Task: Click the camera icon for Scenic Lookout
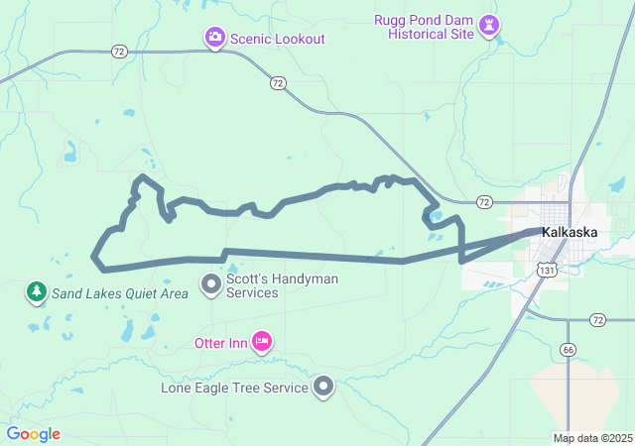point(214,38)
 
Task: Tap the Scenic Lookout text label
point(278,39)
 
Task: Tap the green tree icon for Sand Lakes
point(37,292)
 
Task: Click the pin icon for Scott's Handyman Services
point(210,285)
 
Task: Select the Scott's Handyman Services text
point(282,286)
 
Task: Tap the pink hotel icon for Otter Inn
point(262,343)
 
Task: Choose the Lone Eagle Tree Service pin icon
point(323,388)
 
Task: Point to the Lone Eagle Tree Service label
point(234,388)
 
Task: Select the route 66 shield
point(567,349)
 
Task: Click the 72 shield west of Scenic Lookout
point(119,50)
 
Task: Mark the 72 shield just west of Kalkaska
point(483,202)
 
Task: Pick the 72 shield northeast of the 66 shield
point(597,319)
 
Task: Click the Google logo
point(33,434)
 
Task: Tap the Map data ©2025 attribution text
point(591,438)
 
